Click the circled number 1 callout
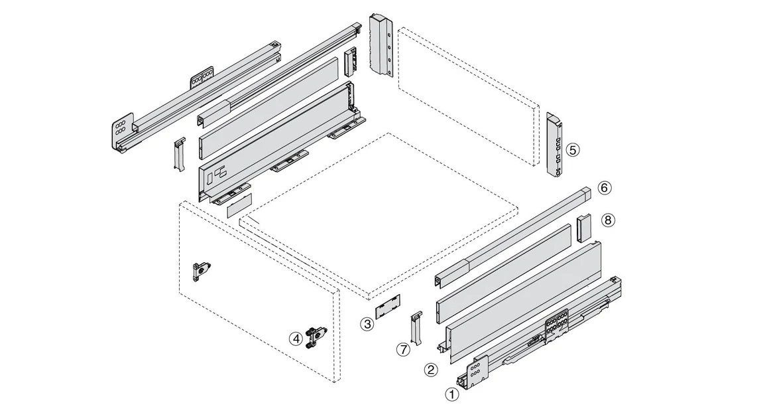click(x=453, y=394)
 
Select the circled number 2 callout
click(x=431, y=369)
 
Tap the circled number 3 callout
click(x=367, y=324)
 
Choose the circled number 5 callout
click(x=573, y=149)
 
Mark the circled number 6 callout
click(x=604, y=188)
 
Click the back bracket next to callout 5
click(x=554, y=144)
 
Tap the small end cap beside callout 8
click(x=583, y=228)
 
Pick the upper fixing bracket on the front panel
click(x=201, y=270)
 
